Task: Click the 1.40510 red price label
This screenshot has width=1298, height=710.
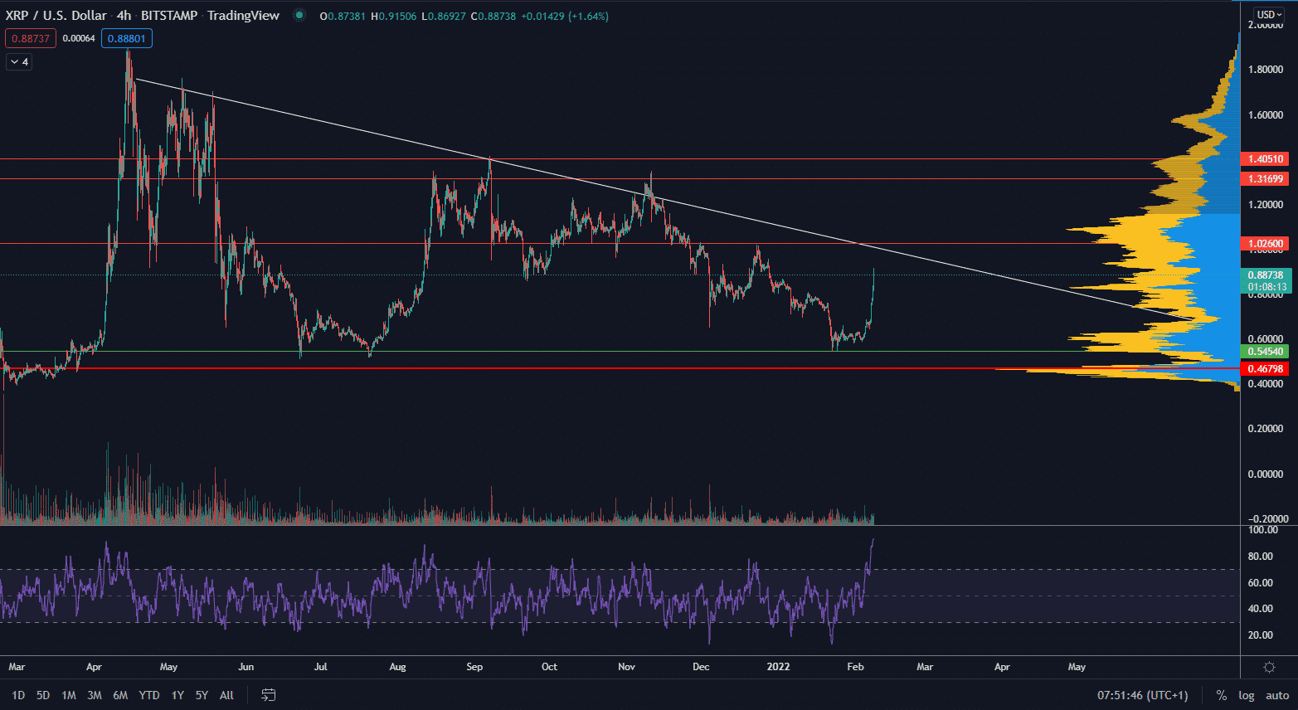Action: click(x=1265, y=158)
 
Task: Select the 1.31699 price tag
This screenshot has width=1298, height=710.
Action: click(x=1265, y=179)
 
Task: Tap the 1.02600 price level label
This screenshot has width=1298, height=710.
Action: click(x=1265, y=244)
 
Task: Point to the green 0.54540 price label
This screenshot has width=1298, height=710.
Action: click(x=1265, y=352)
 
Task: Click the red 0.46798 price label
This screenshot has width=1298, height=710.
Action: click(x=1265, y=369)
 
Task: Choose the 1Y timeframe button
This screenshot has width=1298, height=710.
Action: click(x=177, y=695)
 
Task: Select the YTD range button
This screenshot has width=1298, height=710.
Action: click(x=149, y=695)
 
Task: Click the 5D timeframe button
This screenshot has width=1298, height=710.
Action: click(x=43, y=695)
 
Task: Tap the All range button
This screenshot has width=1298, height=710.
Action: click(x=226, y=695)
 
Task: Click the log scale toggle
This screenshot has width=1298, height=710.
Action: click(x=1247, y=695)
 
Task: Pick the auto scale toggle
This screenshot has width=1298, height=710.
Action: click(x=1277, y=695)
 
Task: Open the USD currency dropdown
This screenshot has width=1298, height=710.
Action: click(x=1268, y=14)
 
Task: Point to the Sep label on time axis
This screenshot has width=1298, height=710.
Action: click(x=474, y=667)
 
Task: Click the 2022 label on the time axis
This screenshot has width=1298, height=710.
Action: click(x=778, y=667)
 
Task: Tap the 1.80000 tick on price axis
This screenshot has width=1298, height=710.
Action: click(x=1266, y=70)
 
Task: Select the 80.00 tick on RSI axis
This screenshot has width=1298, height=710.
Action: click(x=1261, y=557)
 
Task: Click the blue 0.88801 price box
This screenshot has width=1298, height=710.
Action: click(x=126, y=38)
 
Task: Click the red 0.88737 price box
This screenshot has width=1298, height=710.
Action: click(x=31, y=38)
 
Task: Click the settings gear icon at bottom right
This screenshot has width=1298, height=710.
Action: click(x=1269, y=667)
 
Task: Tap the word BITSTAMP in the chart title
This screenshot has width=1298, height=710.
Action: click(x=169, y=16)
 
